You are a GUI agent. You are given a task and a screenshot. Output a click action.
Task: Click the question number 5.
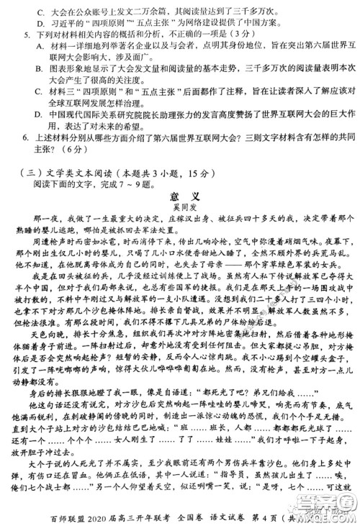[x=26, y=34]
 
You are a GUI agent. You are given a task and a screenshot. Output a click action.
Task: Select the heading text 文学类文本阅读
[x=76, y=174]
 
